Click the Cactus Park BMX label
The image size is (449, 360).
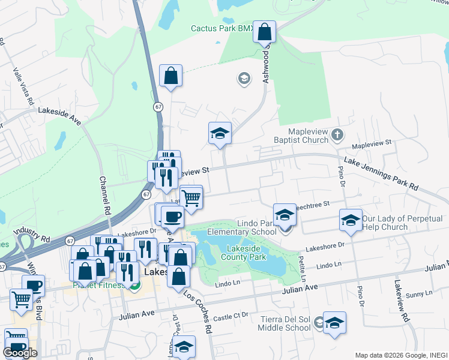(x=220, y=28)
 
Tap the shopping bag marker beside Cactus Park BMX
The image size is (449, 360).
(x=264, y=32)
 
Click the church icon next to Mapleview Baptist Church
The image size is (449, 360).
(x=337, y=135)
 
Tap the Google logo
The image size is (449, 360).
(x=20, y=353)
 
